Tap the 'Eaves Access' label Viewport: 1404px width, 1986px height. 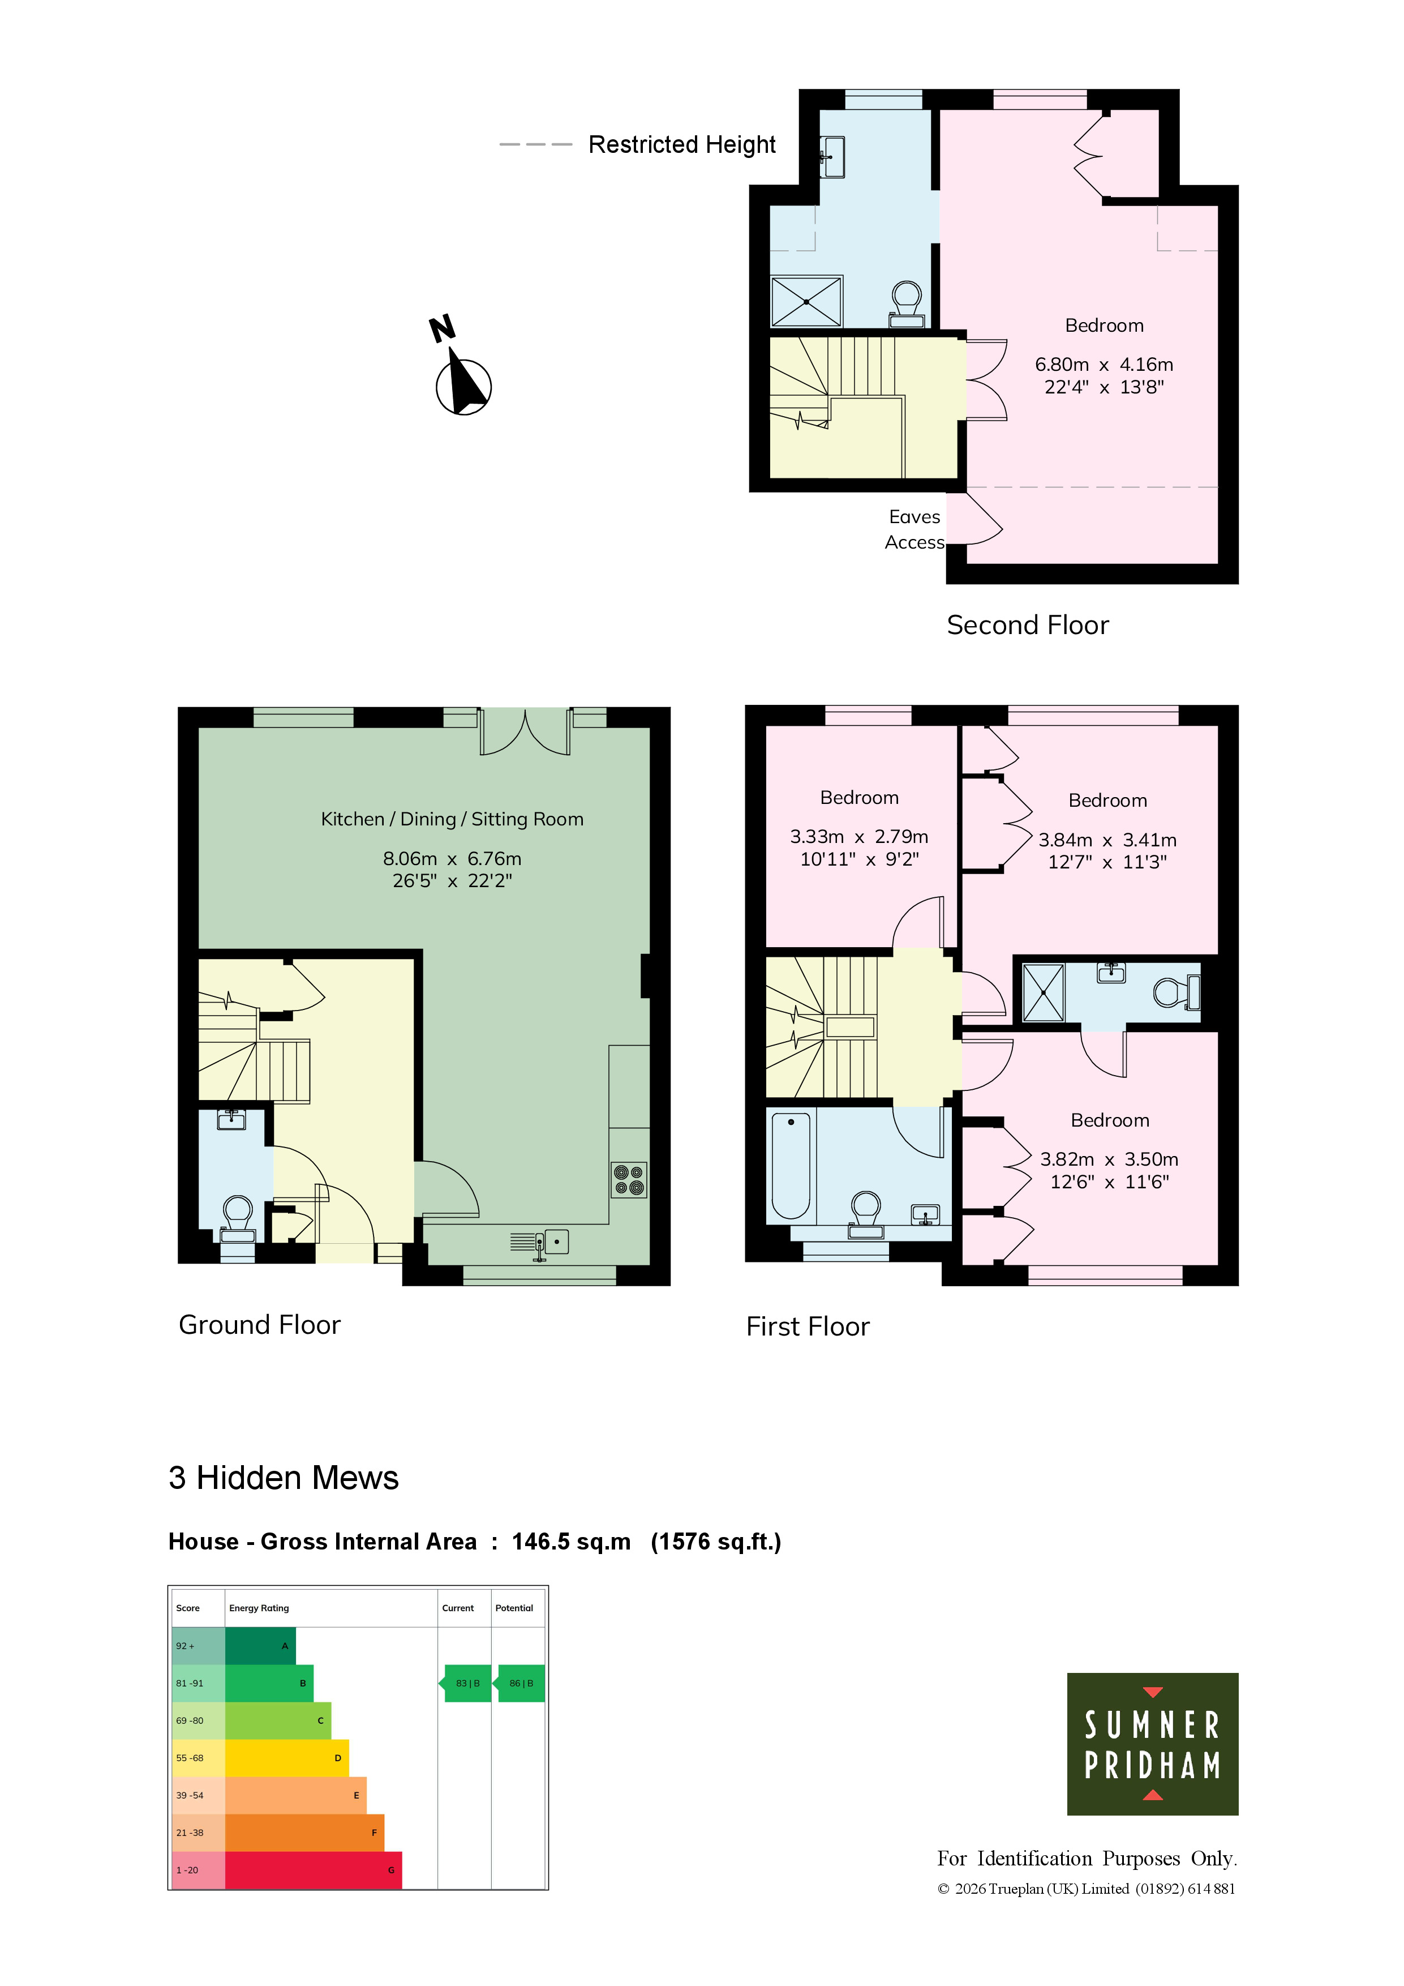[x=914, y=529]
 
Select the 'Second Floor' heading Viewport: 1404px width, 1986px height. [x=1027, y=624]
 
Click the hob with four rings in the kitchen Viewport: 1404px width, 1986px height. [x=629, y=1180]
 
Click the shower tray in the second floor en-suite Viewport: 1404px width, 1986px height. [x=806, y=301]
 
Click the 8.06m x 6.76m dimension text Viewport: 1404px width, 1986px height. [x=452, y=859]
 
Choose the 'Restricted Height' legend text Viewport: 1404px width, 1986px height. [x=682, y=144]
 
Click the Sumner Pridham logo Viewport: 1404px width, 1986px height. [x=1152, y=1744]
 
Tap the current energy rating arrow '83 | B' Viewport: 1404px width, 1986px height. [x=467, y=1683]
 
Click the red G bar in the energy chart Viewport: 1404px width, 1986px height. [x=313, y=1870]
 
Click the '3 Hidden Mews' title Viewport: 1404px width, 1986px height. [x=284, y=1478]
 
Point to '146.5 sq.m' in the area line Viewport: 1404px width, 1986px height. [x=572, y=1542]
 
